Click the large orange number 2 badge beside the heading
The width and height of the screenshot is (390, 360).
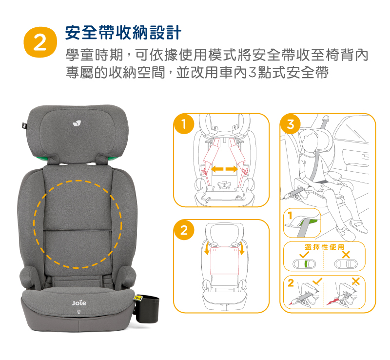[40, 42]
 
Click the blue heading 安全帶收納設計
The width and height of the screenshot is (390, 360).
[123, 33]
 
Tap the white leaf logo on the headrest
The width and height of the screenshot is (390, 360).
[77, 123]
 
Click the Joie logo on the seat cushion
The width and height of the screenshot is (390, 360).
[79, 303]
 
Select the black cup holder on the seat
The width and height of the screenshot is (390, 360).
[147, 309]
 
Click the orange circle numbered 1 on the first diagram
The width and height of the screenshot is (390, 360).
[184, 124]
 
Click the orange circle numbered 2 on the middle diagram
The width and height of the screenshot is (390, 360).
[184, 230]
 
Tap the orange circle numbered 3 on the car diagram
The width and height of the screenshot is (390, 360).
[290, 124]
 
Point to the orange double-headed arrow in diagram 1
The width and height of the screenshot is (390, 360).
[224, 170]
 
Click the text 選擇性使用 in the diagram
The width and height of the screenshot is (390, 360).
[324, 247]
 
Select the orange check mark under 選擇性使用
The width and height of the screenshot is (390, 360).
[304, 255]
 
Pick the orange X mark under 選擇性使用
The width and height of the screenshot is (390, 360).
[346, 255]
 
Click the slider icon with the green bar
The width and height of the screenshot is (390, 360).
[304, 264]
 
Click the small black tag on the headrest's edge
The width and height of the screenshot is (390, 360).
[24, 125]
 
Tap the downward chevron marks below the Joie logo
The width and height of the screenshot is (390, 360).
[79, 312]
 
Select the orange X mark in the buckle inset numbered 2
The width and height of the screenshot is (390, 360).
[356, 281]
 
